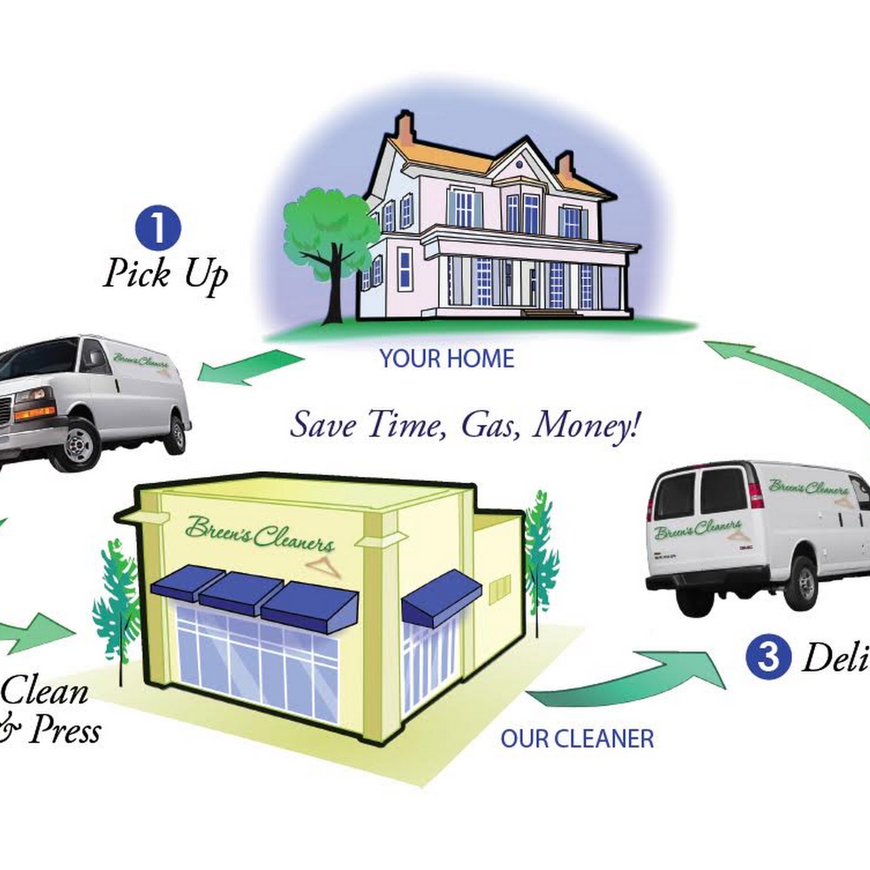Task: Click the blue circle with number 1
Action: point(158,228)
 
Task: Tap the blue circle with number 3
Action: point(768,656)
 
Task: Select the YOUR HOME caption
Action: point(447,359)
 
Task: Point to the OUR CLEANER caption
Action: point(577,739)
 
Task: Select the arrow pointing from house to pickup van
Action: point(250,367)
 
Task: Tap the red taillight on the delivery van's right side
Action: point(756,495)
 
